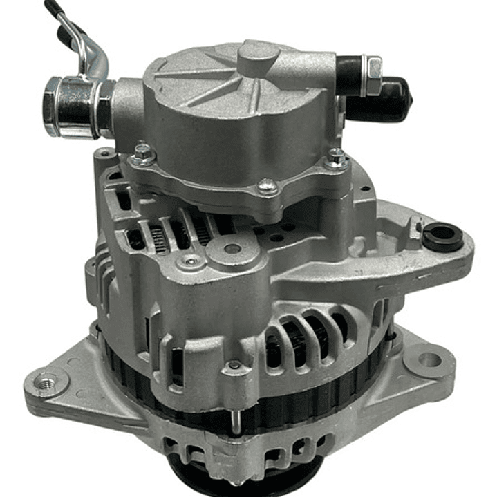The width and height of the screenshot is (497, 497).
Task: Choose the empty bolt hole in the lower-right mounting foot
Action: tap(429, 359)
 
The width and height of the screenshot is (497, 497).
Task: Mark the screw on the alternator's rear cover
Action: tap(190, 261)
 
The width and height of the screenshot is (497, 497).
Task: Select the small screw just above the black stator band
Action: tap(236, 364)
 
